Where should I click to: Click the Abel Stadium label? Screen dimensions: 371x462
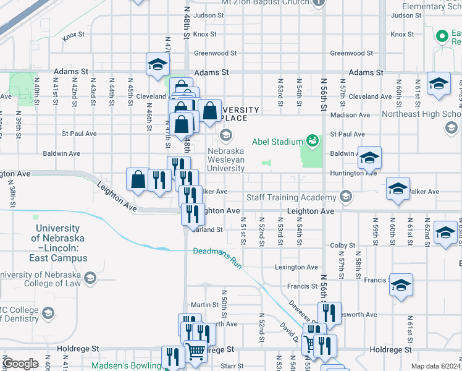[x=277, y=142]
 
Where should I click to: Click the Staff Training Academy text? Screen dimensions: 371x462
[x=292, y=198]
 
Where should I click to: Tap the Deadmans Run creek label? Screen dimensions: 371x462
[x=216, y=253]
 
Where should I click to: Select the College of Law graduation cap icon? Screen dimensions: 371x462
[x=90, y=277]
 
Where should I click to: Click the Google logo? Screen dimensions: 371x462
[x=20, y=364]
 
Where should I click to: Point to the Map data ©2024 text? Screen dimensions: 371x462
[x=435, y=366]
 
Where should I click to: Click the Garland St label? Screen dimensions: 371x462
[x=206, y=229]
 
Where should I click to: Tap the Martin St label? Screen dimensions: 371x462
[x=201, y=304]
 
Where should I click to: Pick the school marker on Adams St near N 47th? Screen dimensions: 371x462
[x=157, y=64]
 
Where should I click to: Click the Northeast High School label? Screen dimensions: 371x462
[x=421, y=114]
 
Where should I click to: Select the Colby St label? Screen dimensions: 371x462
[x=340, y=245]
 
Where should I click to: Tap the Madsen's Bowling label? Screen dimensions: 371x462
[x=126, y=365]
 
